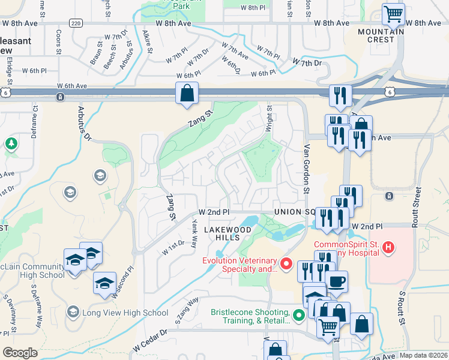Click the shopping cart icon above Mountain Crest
(393, 13)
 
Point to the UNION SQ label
(295, 212)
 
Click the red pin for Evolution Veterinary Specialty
(286, 263)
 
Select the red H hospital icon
(389, 247)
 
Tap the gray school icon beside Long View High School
(73, 312)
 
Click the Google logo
(20, 353)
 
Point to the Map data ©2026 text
(424, 355)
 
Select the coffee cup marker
(336, 280)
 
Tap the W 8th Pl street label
(253, 7)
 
